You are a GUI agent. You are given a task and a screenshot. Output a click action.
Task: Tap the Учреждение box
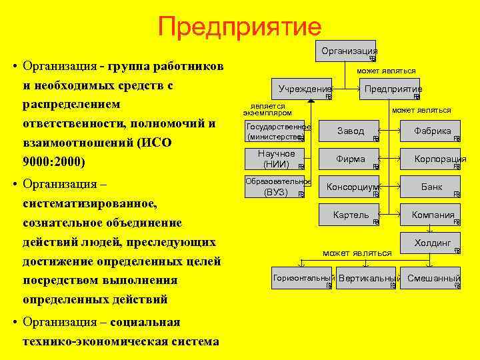(x=305, y=89)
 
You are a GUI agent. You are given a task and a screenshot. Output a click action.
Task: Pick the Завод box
(x=351, y=131)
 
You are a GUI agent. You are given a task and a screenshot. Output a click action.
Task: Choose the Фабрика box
(x=433, y=131)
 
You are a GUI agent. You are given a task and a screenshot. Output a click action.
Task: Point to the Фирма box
(x=351, y=159)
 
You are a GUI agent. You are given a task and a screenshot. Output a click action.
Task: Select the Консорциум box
(x=351, y=187)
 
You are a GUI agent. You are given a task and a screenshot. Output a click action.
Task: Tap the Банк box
(x=432, y=187)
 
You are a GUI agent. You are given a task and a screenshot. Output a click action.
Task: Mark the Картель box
(x=351, y=215)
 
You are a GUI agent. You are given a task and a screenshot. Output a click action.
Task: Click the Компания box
(x=433, y=215)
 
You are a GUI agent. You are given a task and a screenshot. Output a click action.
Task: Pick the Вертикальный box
(x=369, y=279)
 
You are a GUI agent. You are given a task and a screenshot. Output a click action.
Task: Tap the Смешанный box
(x=434, y=279)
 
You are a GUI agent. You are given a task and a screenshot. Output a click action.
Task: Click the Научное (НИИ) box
(x=276, y=159)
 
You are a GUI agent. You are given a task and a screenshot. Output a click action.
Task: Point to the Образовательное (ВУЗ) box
(x=276, y=187)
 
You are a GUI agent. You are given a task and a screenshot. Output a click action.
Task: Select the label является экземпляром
(x=267, y=110)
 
